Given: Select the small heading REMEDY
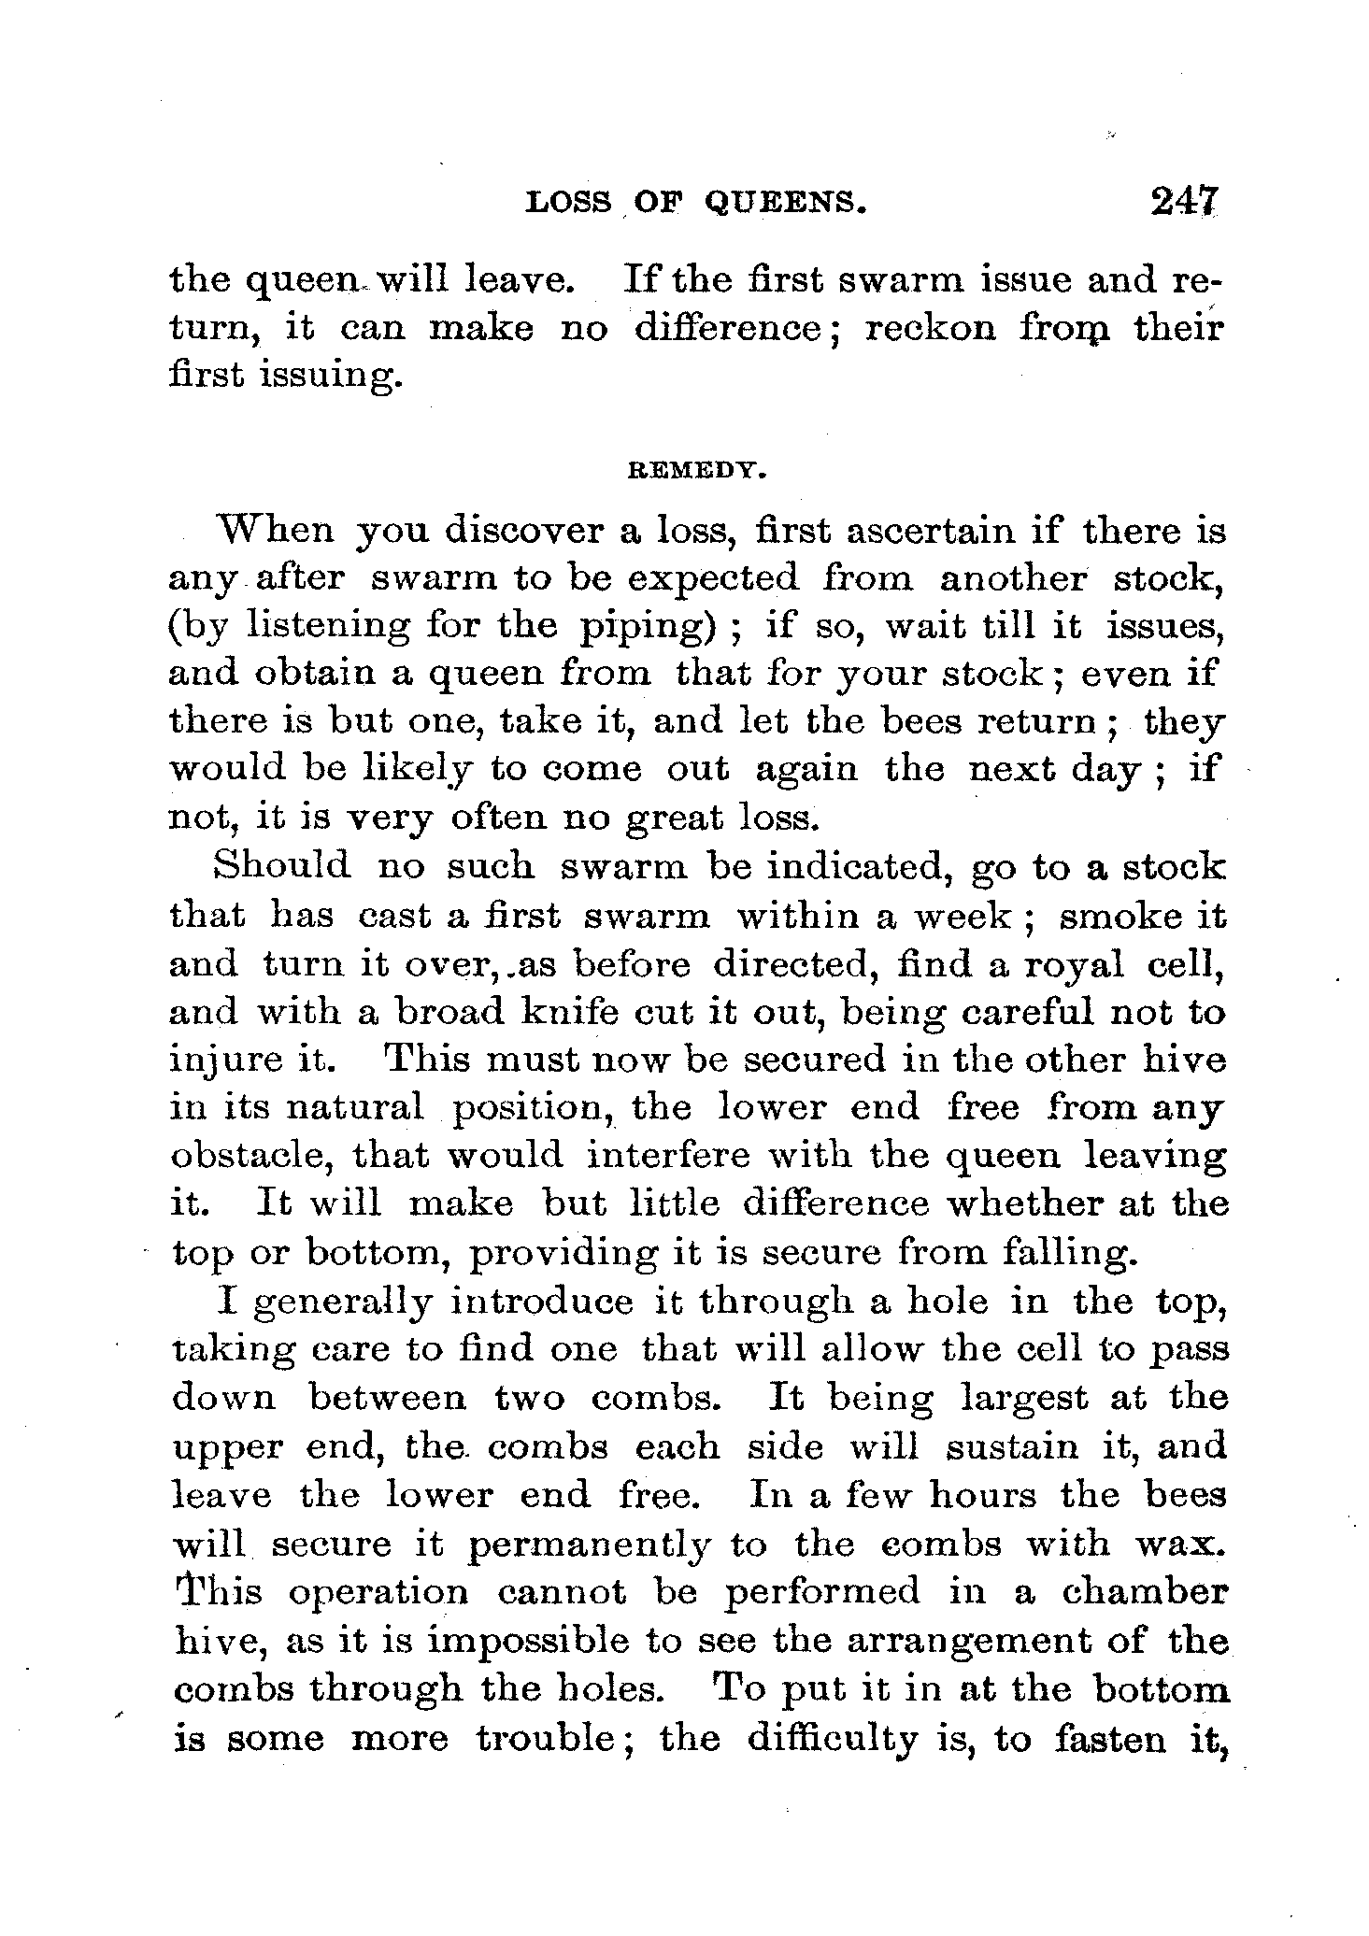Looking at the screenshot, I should click(696, 473).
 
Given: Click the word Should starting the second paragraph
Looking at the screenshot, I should click(283, 865).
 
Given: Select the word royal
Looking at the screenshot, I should click(1075, 962).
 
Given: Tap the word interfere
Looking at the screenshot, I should click(669, 1156).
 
